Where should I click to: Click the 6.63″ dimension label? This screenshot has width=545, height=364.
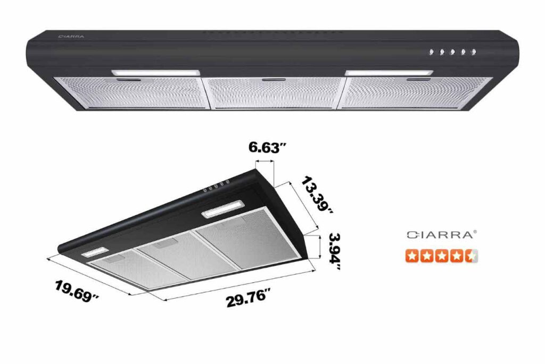pos(264,148)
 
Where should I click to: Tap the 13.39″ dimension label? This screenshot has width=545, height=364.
pos(317,194)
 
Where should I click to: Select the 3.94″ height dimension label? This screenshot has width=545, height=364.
pos(334,250)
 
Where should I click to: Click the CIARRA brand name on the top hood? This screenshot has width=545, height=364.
pos(68,37)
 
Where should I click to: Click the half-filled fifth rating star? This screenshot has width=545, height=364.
pos(470,256)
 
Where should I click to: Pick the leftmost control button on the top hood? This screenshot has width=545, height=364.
pos(432,52)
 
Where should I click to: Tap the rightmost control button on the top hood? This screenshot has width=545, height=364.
pos(474,52)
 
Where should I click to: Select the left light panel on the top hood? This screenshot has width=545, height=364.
pos(155,72)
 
